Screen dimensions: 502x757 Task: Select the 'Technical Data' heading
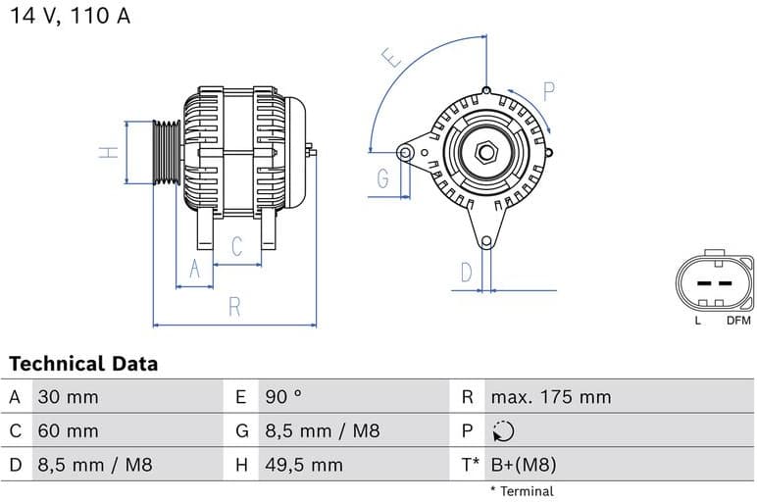tap(83, 364)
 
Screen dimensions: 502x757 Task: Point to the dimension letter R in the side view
tap(234, 306)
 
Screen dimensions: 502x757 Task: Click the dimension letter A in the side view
tap(194, 269)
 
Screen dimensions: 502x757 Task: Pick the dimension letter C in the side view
tap(236, 247)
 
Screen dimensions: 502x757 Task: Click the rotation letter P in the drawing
tap(549, 92)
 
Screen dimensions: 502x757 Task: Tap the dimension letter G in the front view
tap(382, 178)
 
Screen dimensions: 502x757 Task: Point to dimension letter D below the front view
tap(467, 272)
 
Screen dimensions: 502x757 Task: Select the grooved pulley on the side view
tap(167, 152)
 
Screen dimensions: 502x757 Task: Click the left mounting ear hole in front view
tap(405, 152)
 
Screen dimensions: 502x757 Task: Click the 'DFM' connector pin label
tap(737, 320)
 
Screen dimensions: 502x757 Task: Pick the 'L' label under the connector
tap(697, 320)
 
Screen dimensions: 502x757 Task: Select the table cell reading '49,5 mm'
tap(304, 465)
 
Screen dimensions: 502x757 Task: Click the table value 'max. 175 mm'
tap(550, 397)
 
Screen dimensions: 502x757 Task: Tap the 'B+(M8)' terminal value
tap(523, 465)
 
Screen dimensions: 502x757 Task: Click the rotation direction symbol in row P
tap(503, 431)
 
